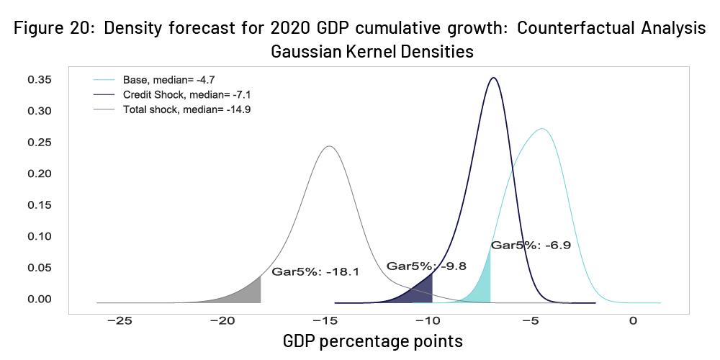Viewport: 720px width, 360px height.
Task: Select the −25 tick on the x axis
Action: pyautogui.click(x=120, y=320)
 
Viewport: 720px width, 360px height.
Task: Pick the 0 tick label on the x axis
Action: pyautogui.click(x=633, y=320)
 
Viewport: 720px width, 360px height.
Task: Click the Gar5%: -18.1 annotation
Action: pyautogui.click(x=315, y=272)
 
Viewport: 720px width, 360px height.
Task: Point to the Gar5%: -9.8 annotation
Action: pyautogui.click(x=426, y=266)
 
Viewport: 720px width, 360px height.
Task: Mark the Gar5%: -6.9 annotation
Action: pyautogui.click(x=531, y=246)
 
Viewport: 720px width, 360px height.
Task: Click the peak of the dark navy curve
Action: pyautogui.click(x=493, y=78)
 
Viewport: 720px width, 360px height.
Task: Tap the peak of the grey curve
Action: pyautogui.click(x=329, y=146)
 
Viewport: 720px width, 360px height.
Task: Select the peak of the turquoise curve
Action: pyautogui.click(x=542, y=129)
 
